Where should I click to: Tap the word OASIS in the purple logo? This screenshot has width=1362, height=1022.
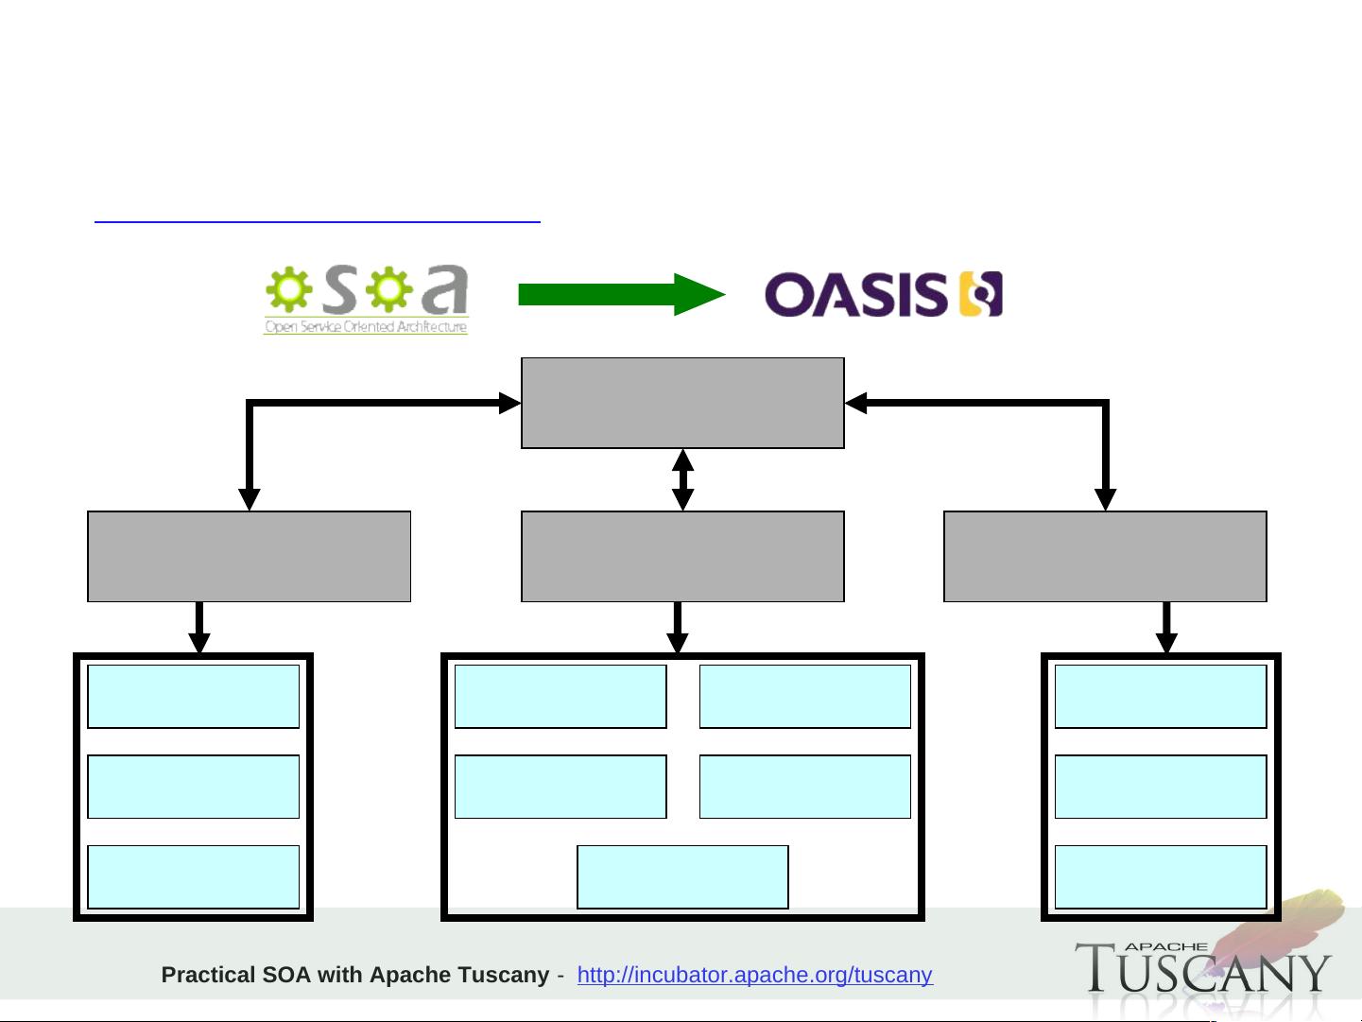tap(854, 295)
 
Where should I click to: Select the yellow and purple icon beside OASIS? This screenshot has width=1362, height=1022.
tap(981, 294)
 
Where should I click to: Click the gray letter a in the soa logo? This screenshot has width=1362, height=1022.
tap(444, 290)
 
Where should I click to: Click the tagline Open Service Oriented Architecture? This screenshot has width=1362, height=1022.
tap(366, 327)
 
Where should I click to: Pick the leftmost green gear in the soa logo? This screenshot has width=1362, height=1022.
tap(287, 289)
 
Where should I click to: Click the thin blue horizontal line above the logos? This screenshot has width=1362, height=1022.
tap(317, 222)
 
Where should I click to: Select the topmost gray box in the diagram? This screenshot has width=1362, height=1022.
tap(682, 403)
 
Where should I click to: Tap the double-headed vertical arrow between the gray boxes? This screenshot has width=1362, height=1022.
tap(682, 479)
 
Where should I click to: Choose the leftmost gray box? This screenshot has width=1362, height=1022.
tap(249, 556)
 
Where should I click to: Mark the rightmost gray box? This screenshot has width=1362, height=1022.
tap(1105, 556)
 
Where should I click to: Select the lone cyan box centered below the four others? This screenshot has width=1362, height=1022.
tap(682, 877)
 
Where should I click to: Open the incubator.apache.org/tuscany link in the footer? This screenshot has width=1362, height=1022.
tap(754, 975)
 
